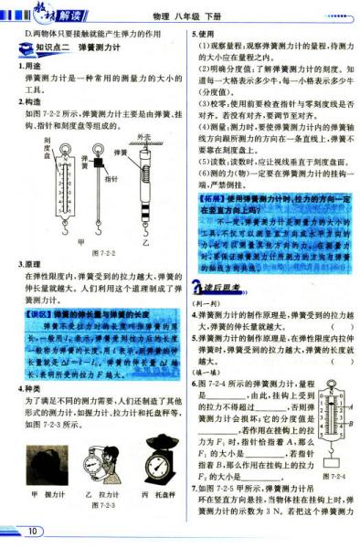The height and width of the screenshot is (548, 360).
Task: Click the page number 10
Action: [x=34, y=531]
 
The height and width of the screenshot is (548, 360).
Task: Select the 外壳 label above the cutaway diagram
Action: [x=143, y=135]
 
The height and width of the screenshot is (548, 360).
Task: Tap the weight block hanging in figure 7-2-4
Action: [x=328, y=461]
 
